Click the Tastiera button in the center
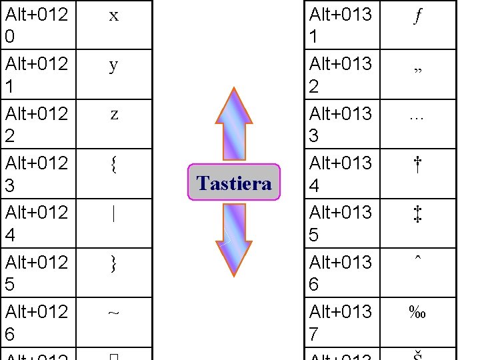pos(235,183)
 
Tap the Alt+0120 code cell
pos(37,25)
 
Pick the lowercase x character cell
pos(114,16)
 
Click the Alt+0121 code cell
pos(37,75)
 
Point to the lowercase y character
pos(114,65)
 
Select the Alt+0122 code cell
pos(37,124)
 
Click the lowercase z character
pos(114,114)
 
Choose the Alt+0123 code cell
pos(37,173)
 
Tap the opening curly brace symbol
pos(114,163)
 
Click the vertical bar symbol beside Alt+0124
pos(114,214)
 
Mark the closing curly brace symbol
pos(114,263)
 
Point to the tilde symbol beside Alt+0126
pos(114,311)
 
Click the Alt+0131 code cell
pos(341,25)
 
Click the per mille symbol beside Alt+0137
pos(417,312)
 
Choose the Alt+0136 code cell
pos(341,273)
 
